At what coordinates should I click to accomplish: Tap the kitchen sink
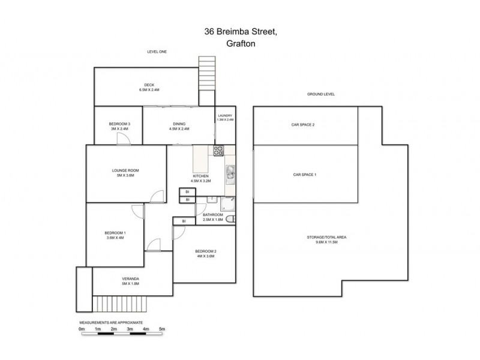click(x=230, y=175)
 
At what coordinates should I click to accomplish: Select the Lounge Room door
click(x=157, y=196)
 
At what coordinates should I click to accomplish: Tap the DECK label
click(x=149, y=85)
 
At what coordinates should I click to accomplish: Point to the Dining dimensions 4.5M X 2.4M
click(x=179, y=128)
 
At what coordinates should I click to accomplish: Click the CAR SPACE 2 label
click(x=303, y=125)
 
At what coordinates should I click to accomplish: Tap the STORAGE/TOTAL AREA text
click(x=326, y=238)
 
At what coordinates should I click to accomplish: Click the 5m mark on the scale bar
click(x=162, y=329)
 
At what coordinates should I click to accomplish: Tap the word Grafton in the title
click(x=239, y=44)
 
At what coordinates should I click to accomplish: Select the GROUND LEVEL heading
click(x=320, y=94)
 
